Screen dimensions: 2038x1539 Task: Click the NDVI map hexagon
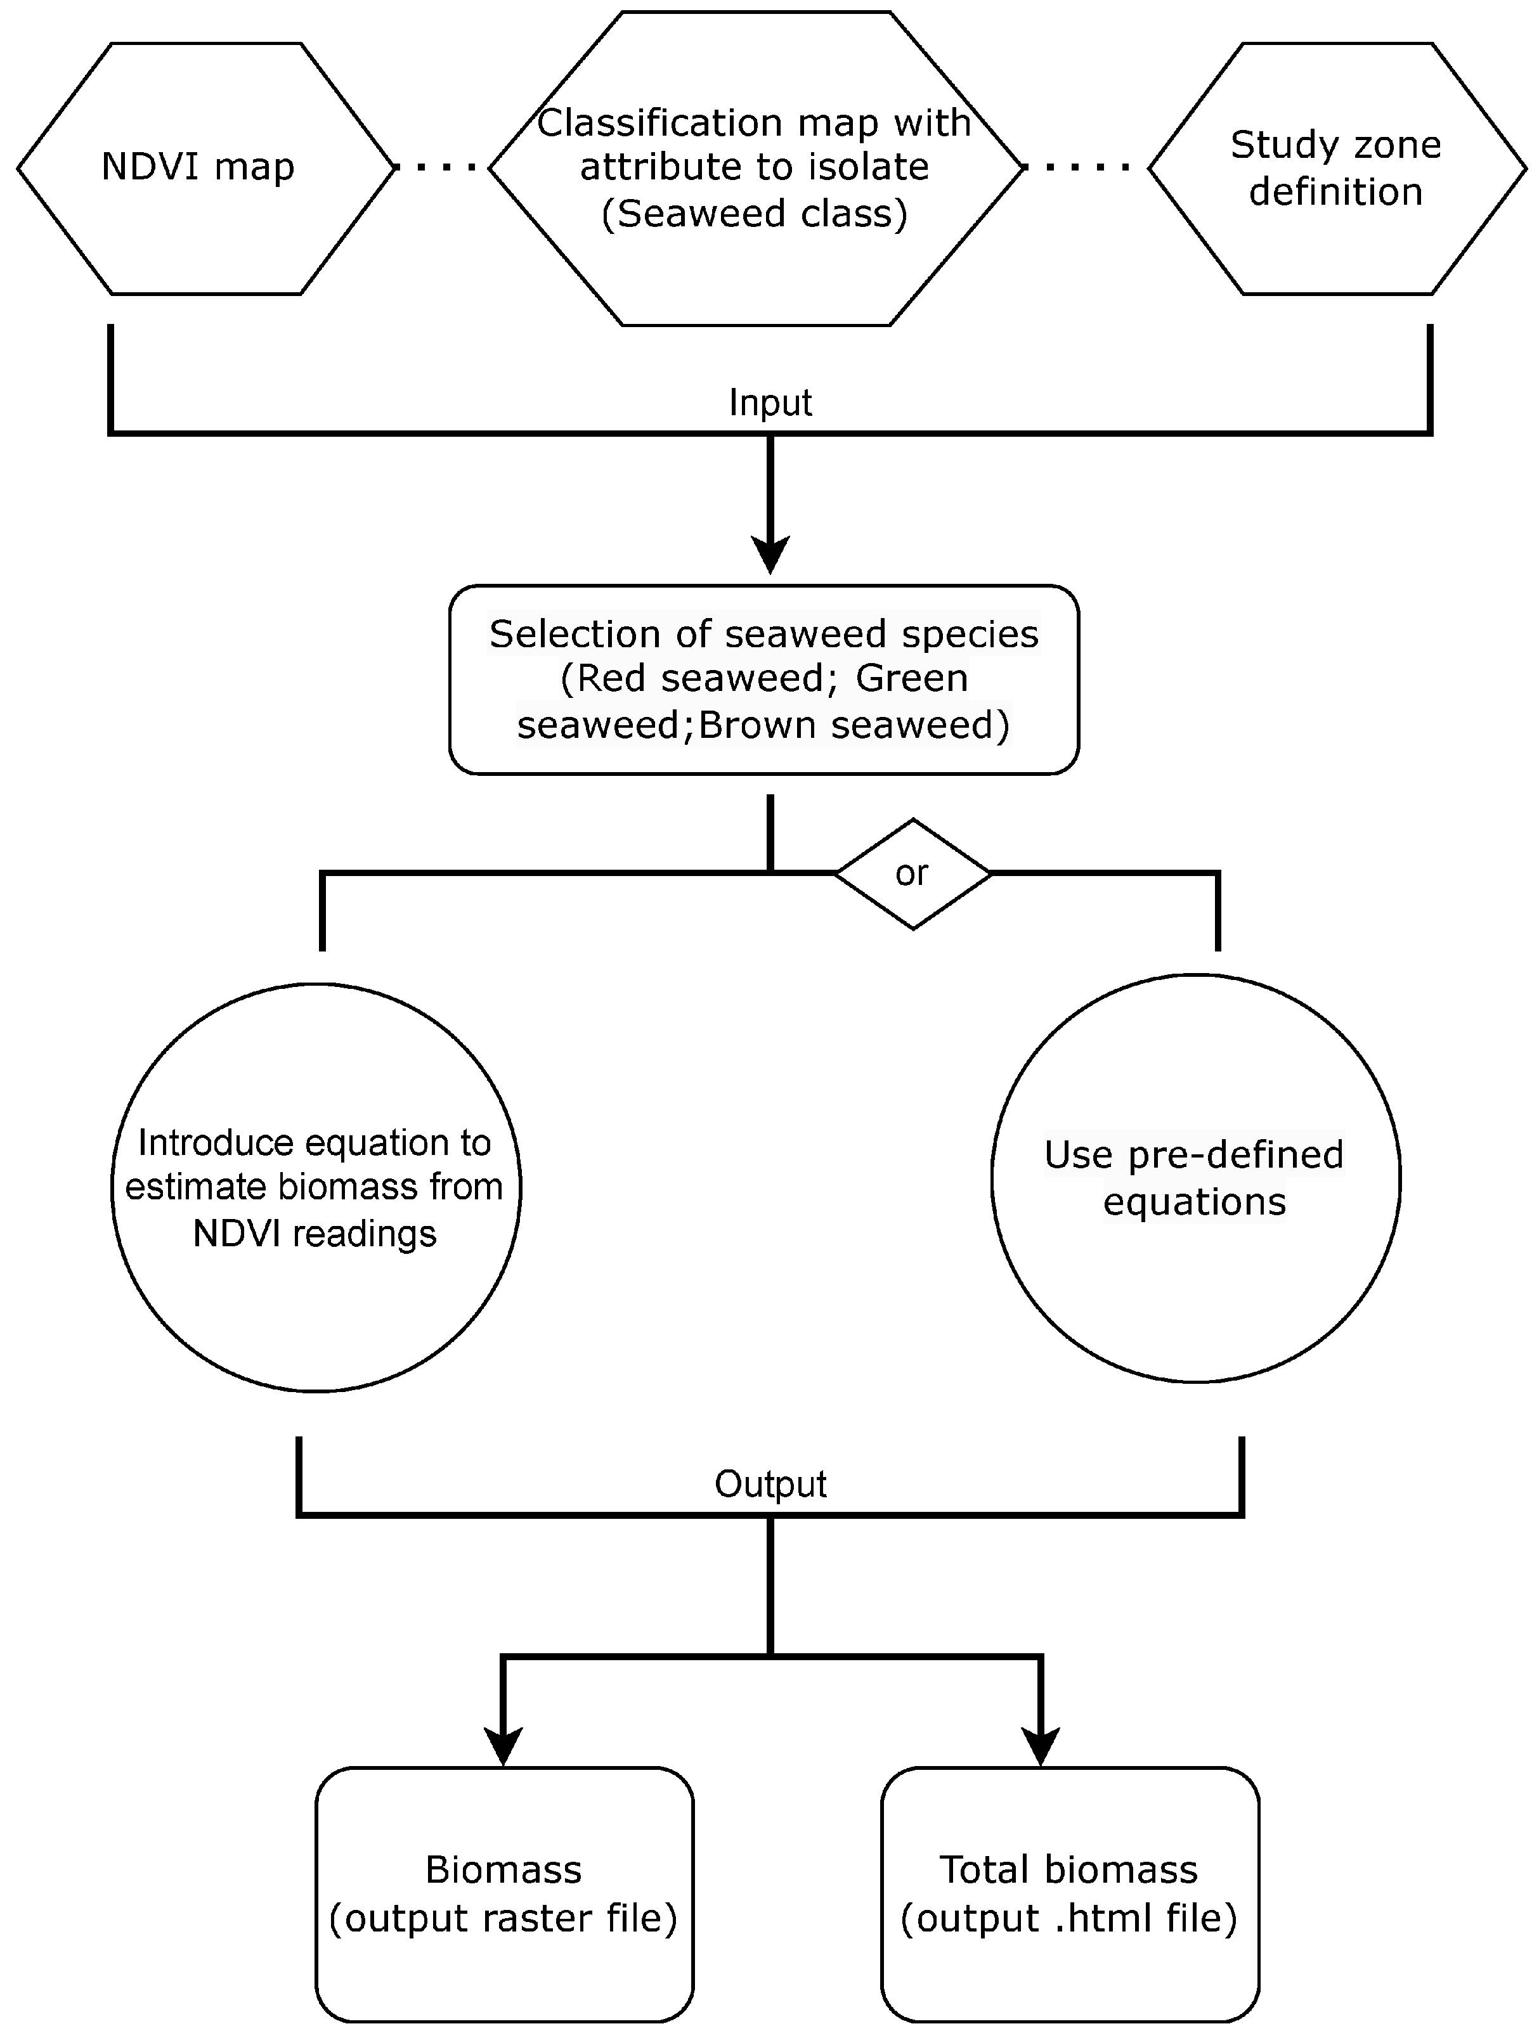pos(205,169)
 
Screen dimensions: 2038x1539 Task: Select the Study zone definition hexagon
pos(1336,169)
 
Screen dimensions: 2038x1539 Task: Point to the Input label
pos(770,403)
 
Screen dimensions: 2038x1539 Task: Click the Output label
pos(770,1484)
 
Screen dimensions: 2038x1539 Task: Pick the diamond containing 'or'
pos(912,874)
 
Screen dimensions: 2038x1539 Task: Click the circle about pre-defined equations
pos(1195,1178)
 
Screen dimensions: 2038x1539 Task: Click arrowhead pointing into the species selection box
pos(770,555)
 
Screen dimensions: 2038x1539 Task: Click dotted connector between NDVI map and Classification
pos(443,168)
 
